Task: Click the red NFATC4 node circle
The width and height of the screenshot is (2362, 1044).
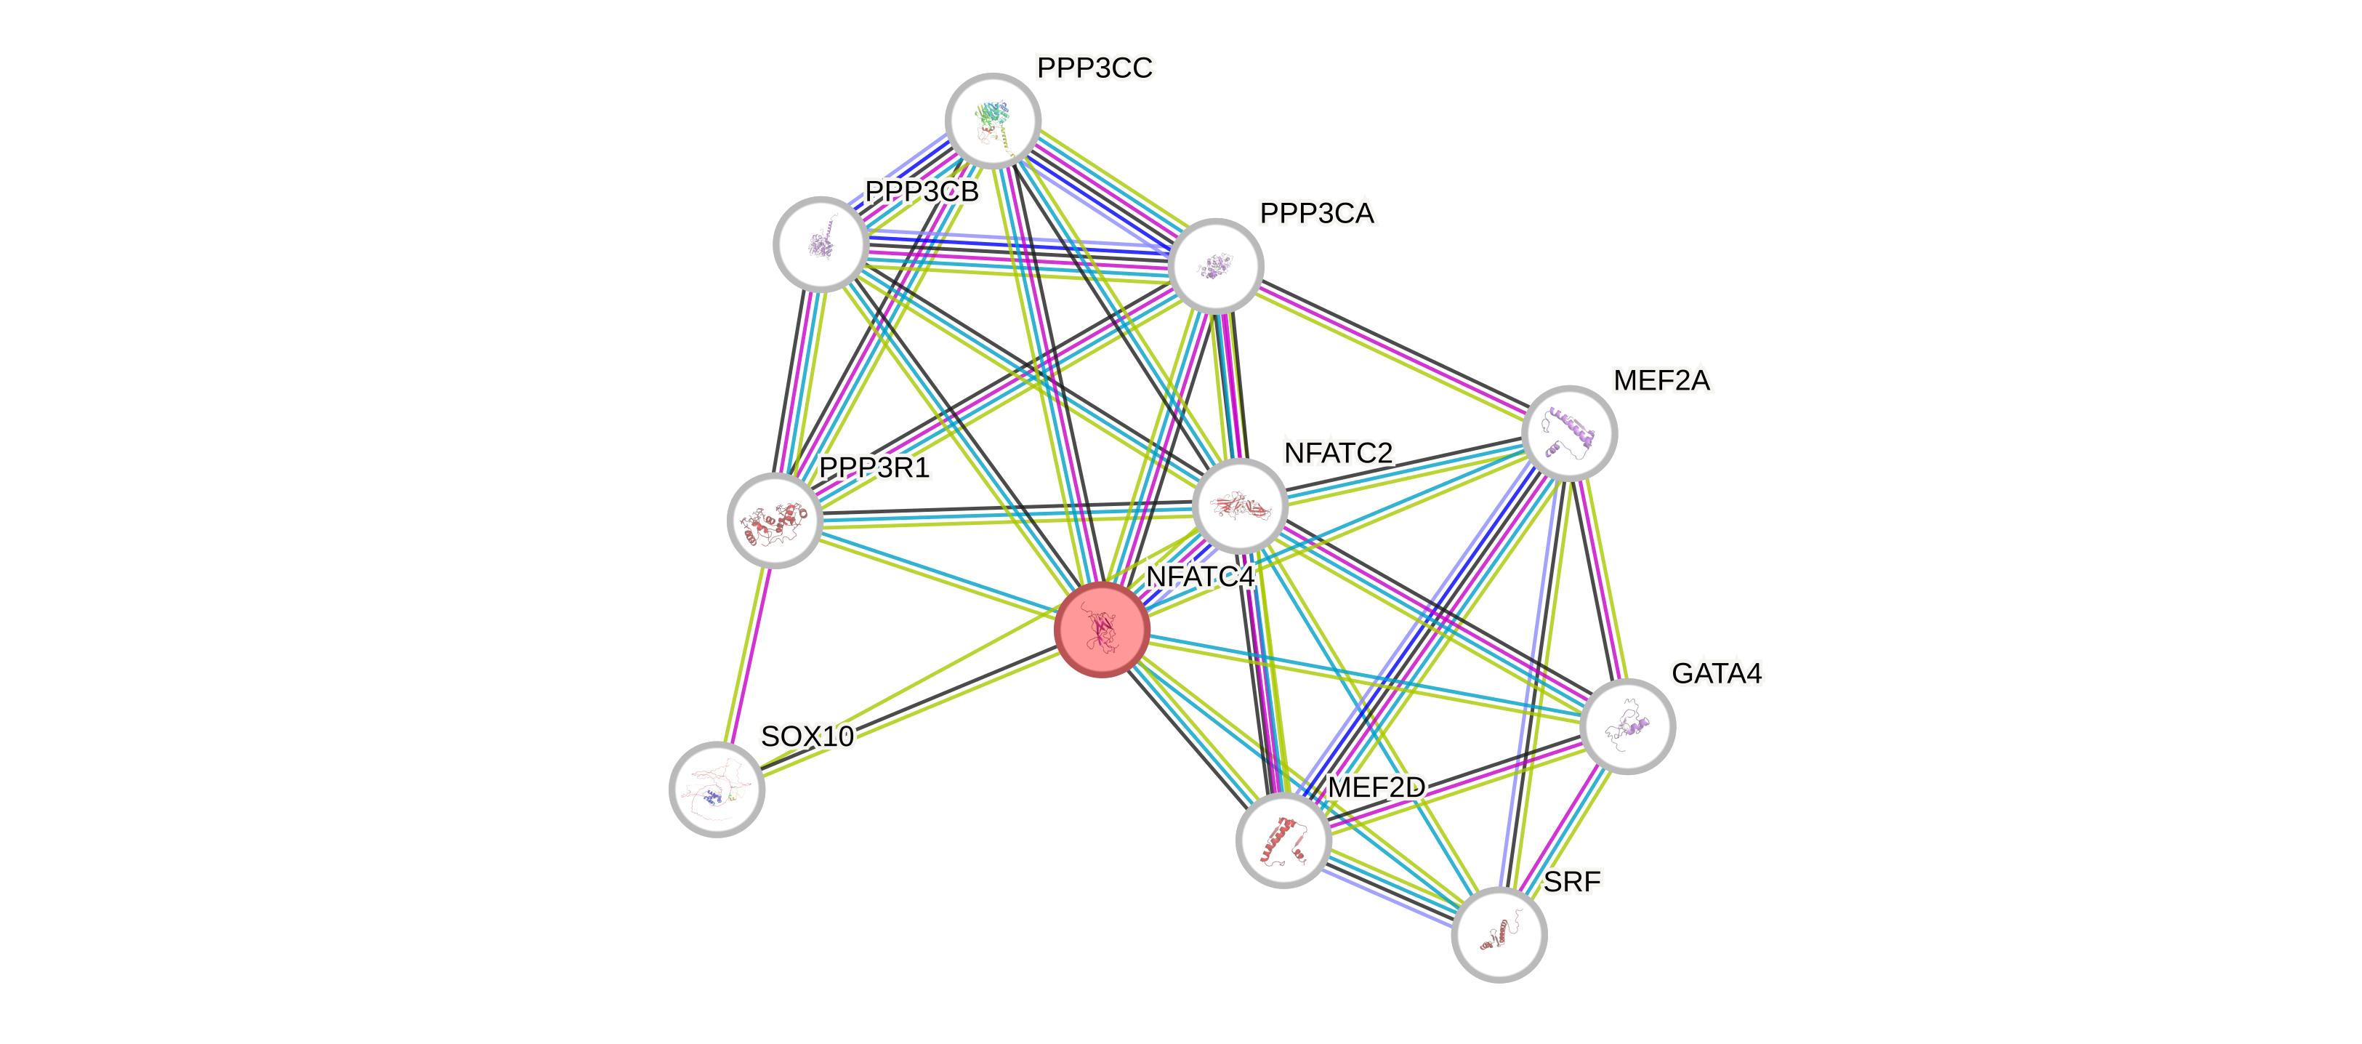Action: (1101, 630)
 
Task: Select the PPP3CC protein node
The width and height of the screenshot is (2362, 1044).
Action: (993, 120)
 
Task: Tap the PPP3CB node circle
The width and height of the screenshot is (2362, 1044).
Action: (821, 244)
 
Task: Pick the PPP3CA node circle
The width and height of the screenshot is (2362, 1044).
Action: (1217, 266)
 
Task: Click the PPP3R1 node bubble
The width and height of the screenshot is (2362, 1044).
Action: (775, 520)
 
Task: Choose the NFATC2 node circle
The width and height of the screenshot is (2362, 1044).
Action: (1240, 505)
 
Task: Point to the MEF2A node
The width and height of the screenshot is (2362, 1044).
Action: (1569, 433)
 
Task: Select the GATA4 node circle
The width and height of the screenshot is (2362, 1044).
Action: (1627, 726)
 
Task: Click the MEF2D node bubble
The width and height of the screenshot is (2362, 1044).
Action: (1283, 840)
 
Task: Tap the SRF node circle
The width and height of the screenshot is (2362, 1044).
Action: (1499, 935)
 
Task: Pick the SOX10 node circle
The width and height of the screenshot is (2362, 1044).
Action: (717, 789)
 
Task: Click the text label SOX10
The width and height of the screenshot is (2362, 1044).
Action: (807, 736)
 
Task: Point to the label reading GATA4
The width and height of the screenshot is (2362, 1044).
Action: (1717, 673)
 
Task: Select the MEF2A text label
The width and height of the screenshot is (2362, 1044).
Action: (1661, 380)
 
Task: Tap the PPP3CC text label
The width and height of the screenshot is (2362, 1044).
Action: (1095, 68)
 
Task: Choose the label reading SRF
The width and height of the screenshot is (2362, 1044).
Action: (1571, 882)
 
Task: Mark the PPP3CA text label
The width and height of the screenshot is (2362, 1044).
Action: (1317, 214)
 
